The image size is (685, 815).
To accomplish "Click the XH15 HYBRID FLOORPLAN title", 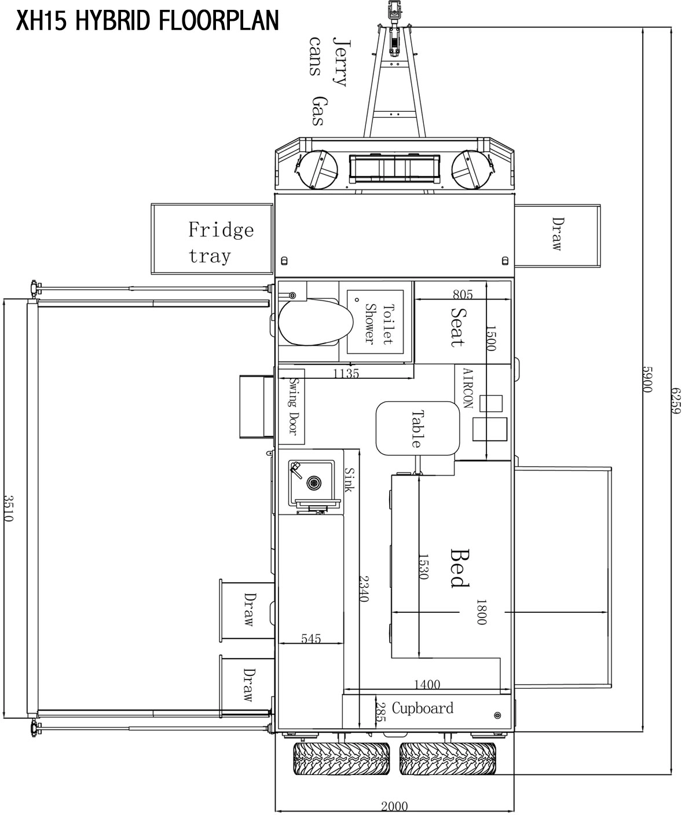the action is pos(148,20).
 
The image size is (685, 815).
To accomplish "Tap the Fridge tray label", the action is pos(221,242).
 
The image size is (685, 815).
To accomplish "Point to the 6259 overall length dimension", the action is pos(676,400).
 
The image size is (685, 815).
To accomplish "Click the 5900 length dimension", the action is pos(647,379).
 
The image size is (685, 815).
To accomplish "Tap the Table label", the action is pos(417,429).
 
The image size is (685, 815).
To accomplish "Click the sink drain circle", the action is pos(314,483).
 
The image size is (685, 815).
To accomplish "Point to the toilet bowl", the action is pos(316,323).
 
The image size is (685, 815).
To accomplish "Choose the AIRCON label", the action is pos(468,388).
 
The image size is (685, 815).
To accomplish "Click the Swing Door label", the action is pos(294,406).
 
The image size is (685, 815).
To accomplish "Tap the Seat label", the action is pos(458,327).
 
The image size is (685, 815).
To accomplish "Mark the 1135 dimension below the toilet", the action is pos(346,374).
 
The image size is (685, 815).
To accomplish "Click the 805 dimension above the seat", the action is pos(463,294).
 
